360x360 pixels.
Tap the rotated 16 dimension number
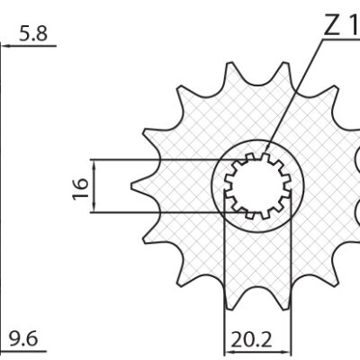[x=81, y=186]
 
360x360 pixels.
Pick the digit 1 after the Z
[x=353, y=26]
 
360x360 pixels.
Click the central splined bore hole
[x=258, y=186]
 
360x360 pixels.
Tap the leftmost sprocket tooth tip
[x=133, y=186]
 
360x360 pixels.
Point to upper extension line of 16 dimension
[x=153, y=159]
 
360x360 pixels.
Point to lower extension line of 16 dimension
[x=153, y=213]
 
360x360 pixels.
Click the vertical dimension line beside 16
[x=94, y=186]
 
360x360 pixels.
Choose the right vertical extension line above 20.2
[x=293, y=288]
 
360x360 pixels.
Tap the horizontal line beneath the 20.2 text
[x=258, y=349]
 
